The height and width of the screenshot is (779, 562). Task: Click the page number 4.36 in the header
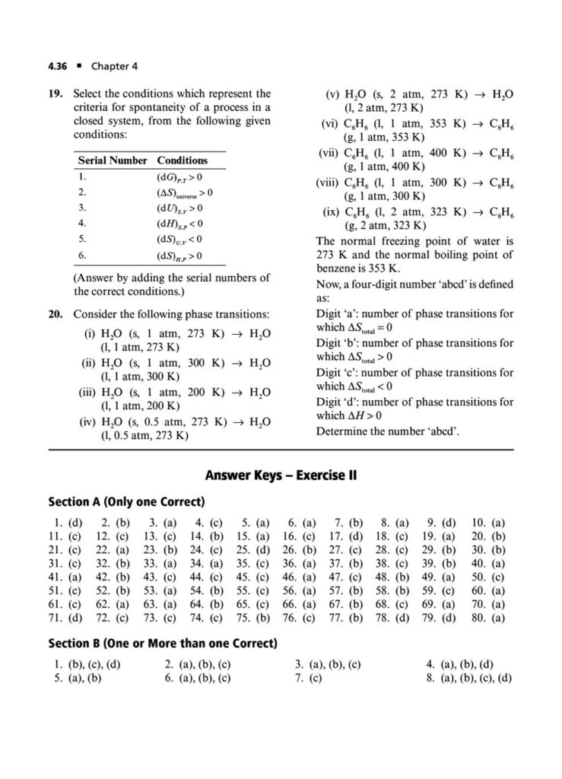pyautogui.click(x=59, y=65)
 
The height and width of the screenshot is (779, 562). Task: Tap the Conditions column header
pyautogui.click(x=183, y=161)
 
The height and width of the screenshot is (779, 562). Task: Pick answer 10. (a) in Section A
pyautogui.click(x=488, y=523)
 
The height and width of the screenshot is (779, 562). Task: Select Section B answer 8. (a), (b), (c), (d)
pyautogui.click(x=468, y=678)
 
